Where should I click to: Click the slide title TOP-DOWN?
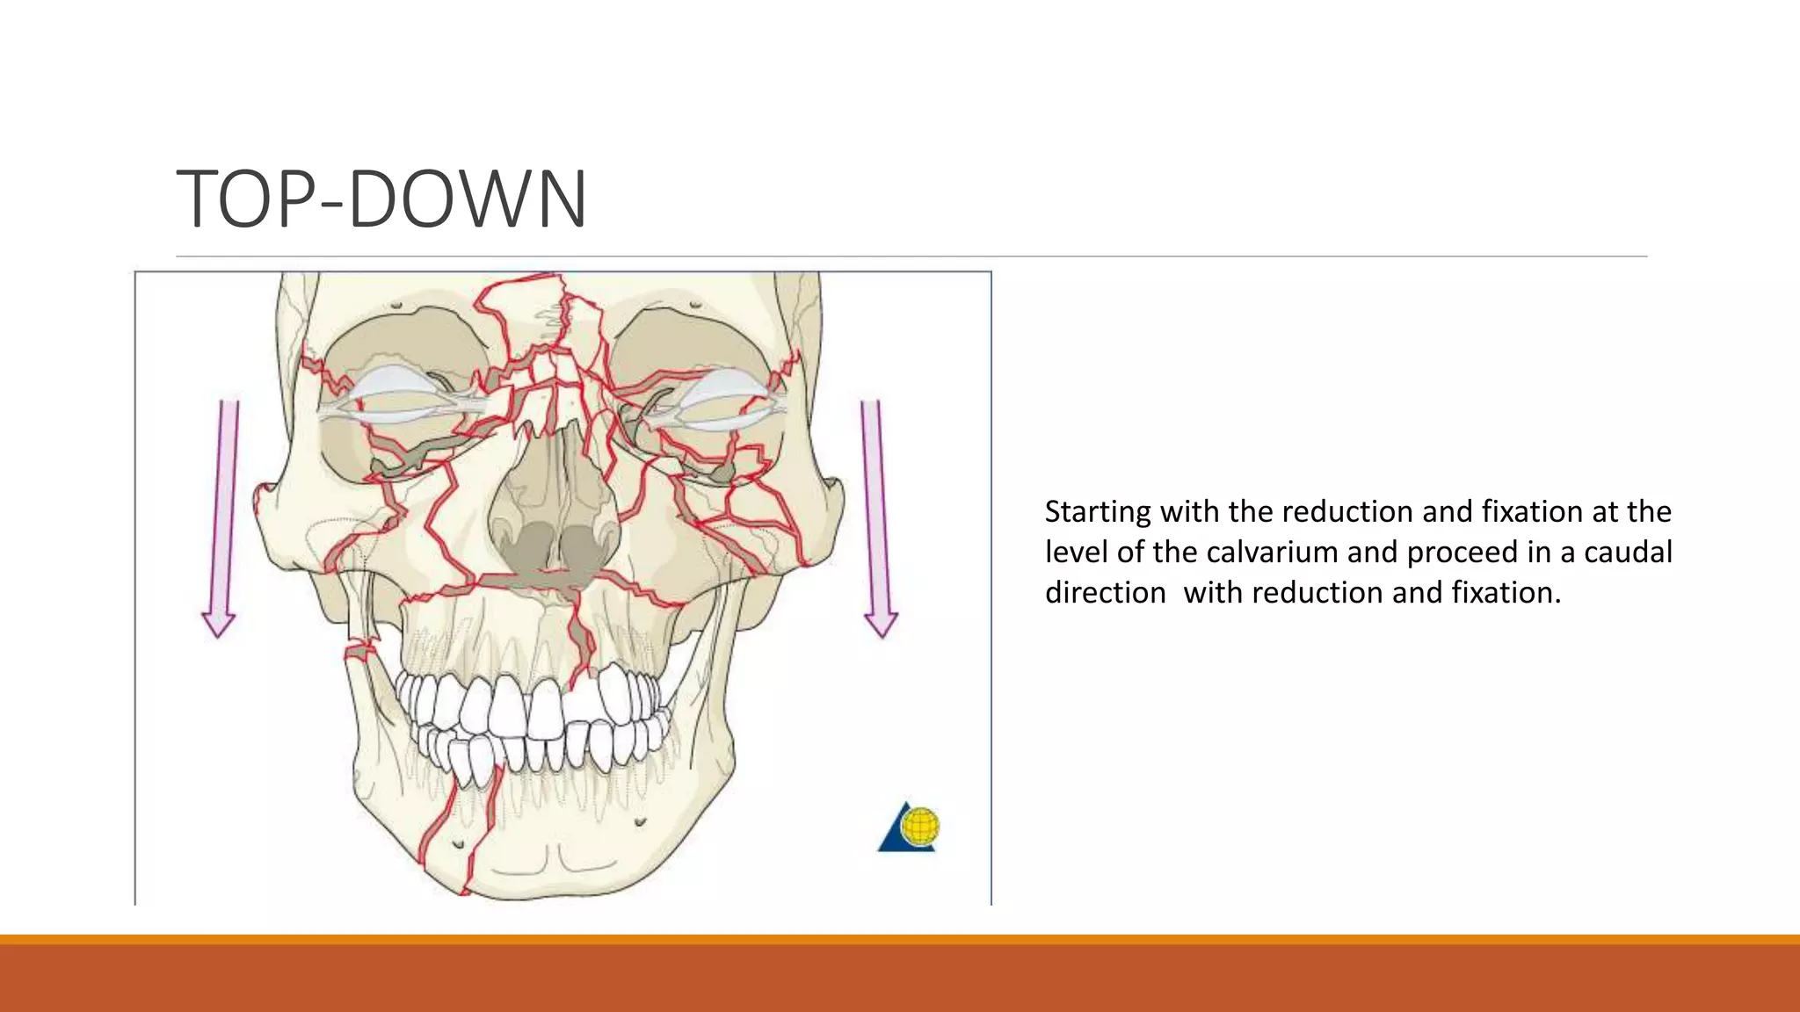(381, 199)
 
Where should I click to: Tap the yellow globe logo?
(919, 826)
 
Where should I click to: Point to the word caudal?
(1628, 552)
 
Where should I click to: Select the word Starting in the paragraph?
(1098, 512)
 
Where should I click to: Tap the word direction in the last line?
(1105, 593)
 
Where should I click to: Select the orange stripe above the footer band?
(900, 939)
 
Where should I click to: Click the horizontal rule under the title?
(911, 257)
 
